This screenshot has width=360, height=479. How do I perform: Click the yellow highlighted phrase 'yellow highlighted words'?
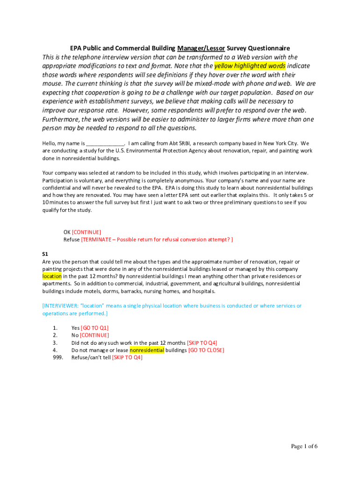point(250,66)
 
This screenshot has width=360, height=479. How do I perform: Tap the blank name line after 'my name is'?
point(105,144)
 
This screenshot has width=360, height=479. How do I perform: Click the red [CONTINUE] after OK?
point(86,232)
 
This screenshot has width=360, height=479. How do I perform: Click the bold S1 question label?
point(45,254)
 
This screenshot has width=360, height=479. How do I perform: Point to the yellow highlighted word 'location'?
point(52,276)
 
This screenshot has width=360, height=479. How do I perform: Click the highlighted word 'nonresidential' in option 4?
point(147,350)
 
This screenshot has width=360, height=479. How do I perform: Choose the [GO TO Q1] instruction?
point(95,328)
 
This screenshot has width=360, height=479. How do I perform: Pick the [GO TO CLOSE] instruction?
point(206,350)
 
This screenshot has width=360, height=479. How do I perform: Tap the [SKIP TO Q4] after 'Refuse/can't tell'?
point(127,357)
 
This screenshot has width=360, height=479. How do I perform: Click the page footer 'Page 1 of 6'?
point(304,446)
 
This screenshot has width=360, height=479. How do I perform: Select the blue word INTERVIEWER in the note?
point(61,306)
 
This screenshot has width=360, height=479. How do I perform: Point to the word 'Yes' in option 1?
point(76,328)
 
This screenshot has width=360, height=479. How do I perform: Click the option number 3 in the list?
point(55,342)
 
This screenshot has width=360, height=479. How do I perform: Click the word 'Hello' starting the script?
point(49,144)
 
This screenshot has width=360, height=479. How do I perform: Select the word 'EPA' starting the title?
point(76,48)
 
